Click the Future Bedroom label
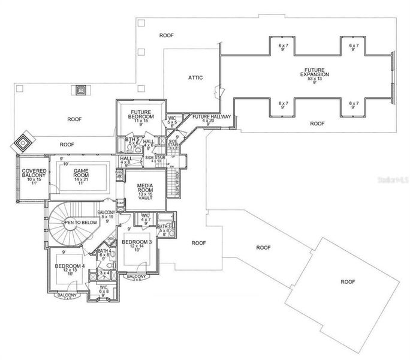coord(141,112)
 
